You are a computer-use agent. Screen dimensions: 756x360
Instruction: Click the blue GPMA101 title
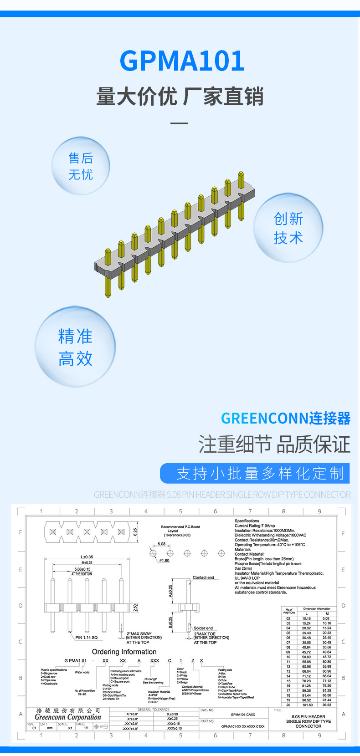[182, 61]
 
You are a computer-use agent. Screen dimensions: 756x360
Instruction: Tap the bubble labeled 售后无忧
[81, 166]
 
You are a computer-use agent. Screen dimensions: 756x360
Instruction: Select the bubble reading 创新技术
[288, 228]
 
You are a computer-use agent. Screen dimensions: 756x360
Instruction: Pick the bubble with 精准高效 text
[76, 347]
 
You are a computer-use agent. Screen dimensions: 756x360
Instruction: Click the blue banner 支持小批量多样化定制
[255, 473]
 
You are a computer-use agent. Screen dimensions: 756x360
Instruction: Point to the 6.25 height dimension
[135, 531]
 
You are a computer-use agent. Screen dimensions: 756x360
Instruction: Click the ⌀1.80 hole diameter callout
[164, 561]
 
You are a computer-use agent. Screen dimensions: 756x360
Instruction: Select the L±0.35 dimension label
[87, 557]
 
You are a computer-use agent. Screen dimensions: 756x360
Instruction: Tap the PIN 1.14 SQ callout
[86, 638]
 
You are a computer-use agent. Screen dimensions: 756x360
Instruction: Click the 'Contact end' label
[203, 577]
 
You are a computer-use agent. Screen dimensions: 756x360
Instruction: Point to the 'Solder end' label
[203, 628]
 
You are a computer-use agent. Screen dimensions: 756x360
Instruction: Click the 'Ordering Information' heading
[124, 652]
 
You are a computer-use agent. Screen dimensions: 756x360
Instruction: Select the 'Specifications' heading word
[247, 521]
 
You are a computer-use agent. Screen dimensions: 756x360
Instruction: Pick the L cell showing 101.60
[307, 705]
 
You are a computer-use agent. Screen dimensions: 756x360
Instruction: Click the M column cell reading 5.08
[326, 618]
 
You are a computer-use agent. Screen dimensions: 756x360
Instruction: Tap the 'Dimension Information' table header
[317, 608]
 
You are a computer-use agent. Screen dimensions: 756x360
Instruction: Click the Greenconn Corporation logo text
[68, 717]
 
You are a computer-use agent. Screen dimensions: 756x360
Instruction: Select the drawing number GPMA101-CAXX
[243, 715]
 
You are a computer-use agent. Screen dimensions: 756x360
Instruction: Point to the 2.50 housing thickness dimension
[135, 608]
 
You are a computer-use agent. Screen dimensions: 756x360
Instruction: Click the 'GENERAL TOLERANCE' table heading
[153, 710]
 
